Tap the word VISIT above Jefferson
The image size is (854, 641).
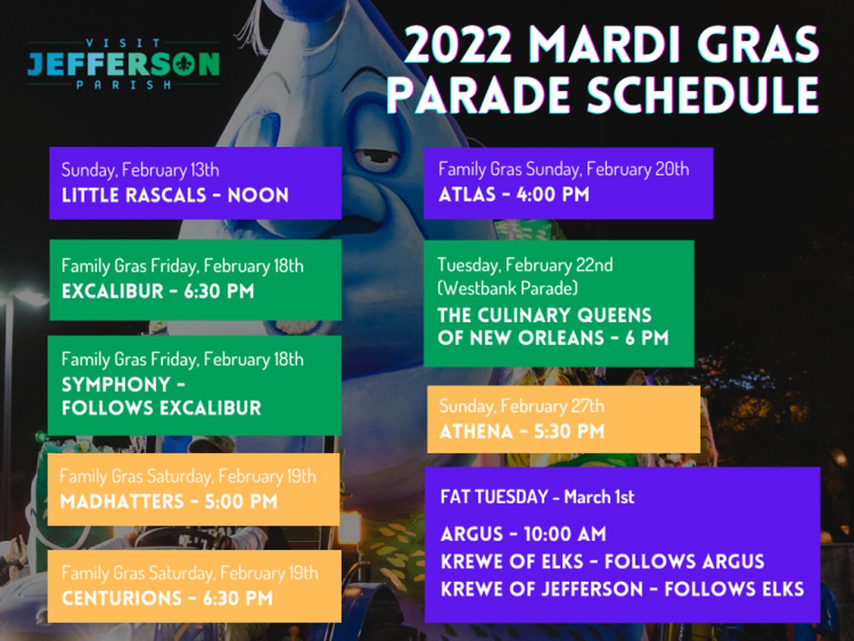[123, 43]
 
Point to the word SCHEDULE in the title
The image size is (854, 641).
[703, 95]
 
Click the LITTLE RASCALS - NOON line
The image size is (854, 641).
[175, 195]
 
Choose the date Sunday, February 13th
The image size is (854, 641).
[140, 170]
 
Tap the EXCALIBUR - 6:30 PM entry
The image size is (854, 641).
[158, 291]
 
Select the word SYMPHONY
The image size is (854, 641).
[116, 385]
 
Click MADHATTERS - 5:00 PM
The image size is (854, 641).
[169, 501]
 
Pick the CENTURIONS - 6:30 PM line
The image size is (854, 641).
[167, 598]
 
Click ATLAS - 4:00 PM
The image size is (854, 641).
[514, 194]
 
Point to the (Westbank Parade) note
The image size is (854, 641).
[508, 288]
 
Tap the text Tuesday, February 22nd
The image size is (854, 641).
[525, 265]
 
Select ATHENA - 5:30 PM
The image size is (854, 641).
[522, 431]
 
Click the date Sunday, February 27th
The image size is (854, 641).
[522, 406]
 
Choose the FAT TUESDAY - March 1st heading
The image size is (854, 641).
[538, 497]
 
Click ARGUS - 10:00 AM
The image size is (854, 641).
[524, 534]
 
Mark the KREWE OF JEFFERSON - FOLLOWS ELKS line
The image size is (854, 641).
[623, 588]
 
